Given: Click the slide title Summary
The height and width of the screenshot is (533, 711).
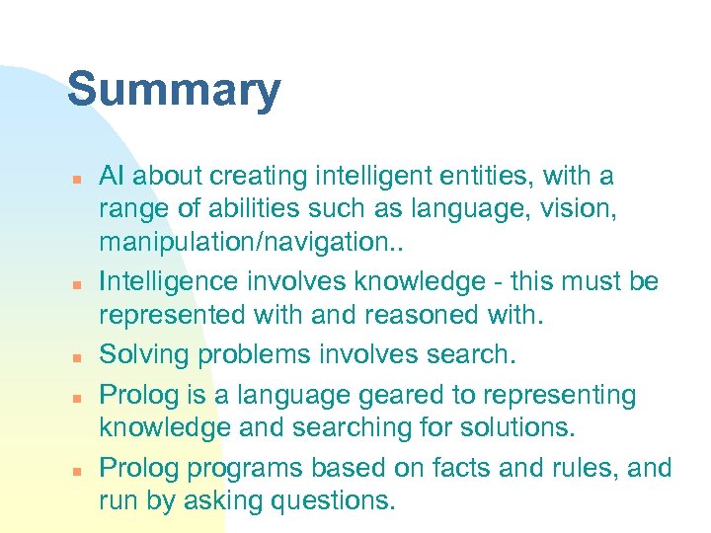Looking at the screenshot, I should point(174,92).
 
